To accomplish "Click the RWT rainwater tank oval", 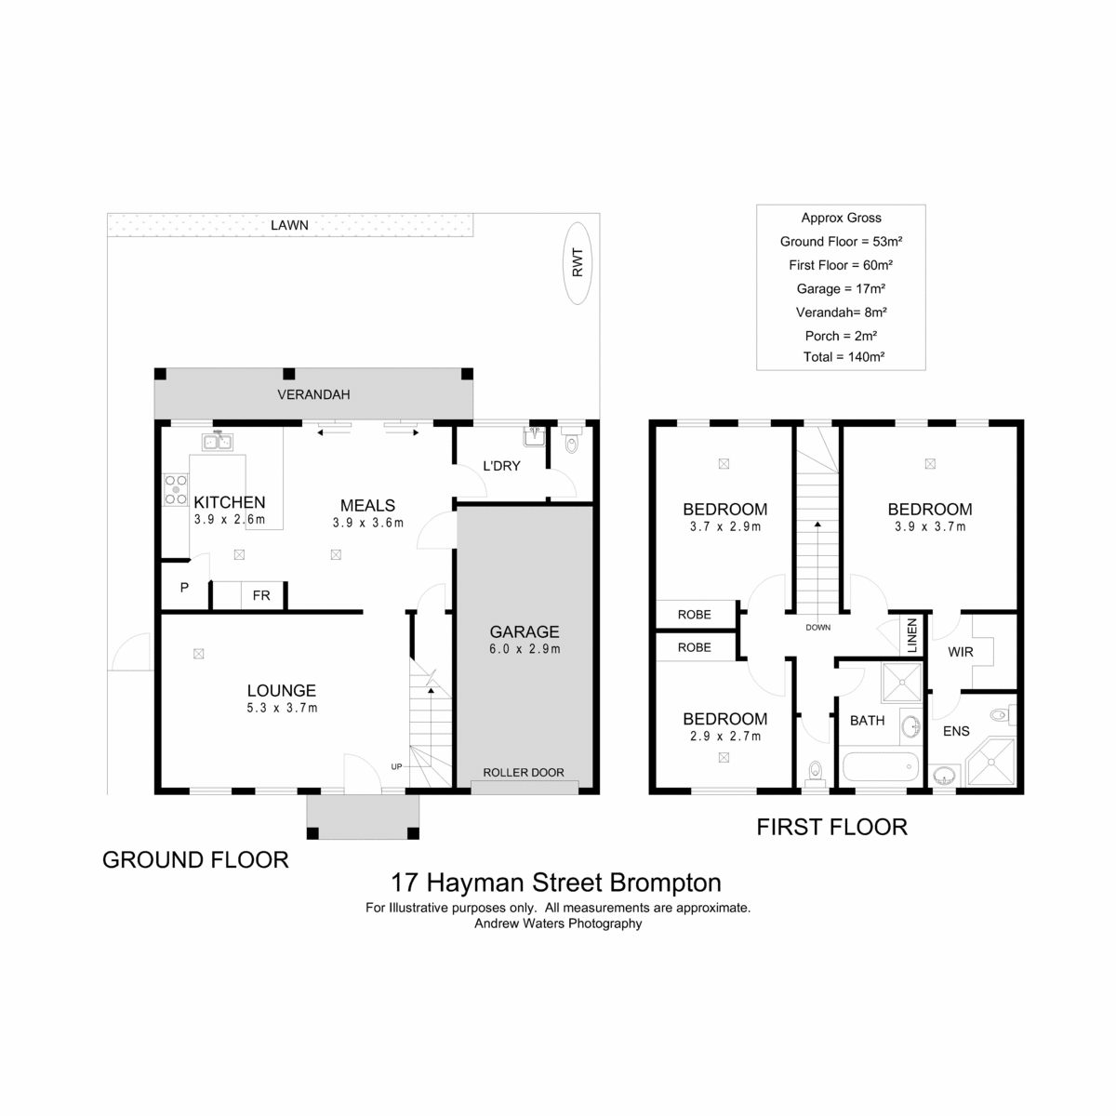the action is pos(577,263).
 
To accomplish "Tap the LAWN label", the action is pos(289,225).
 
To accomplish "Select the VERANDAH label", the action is pos(313,394).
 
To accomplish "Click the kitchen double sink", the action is pos(218,442).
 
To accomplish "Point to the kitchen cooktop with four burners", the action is pos(176,489).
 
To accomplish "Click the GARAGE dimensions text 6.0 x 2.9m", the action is pos(525,648).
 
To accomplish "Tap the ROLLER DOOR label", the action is pos(523,772).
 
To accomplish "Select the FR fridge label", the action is pos(261,595).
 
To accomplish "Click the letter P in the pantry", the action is pos(184,588).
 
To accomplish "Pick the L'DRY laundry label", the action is pos(501,466).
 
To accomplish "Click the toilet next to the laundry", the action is pos(572,440).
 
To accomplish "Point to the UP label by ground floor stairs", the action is pos(396,766).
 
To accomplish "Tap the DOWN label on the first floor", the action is pos(817,627).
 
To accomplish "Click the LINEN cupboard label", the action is pos(912,635).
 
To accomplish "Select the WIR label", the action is pos(960,652).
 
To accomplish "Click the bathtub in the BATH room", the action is pos(881,766).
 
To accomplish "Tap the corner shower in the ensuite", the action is pos(990,761).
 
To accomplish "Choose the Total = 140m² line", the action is pos(844,357).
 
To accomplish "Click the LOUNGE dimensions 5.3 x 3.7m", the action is pos(282,707).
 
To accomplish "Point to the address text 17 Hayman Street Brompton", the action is pos(556,882).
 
